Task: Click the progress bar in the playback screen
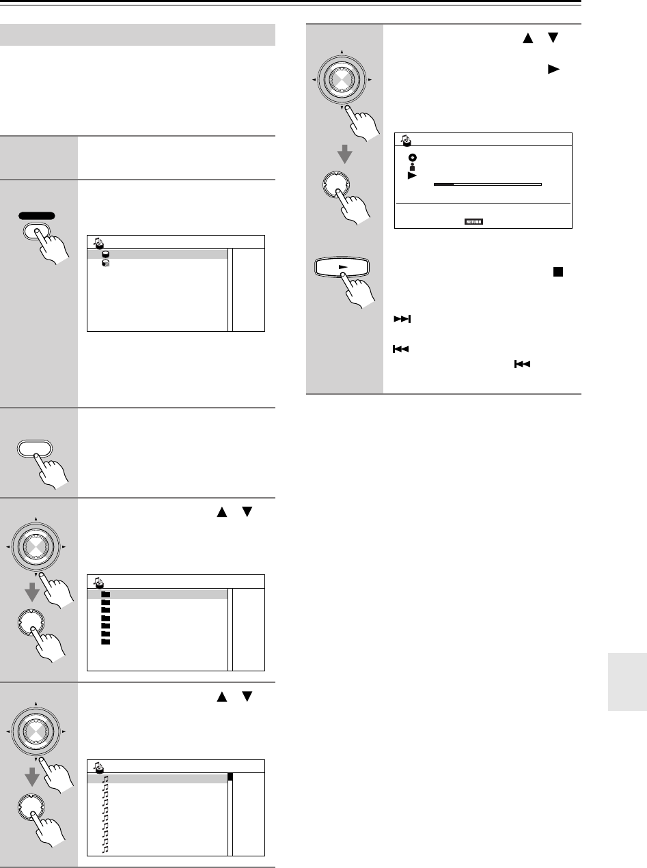[487, 184]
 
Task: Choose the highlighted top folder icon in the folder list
[105, 594]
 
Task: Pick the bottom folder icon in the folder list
[105, 642]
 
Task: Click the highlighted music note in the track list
[105, 777]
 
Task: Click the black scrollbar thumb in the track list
[231, 776]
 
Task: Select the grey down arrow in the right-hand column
[346, 155]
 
